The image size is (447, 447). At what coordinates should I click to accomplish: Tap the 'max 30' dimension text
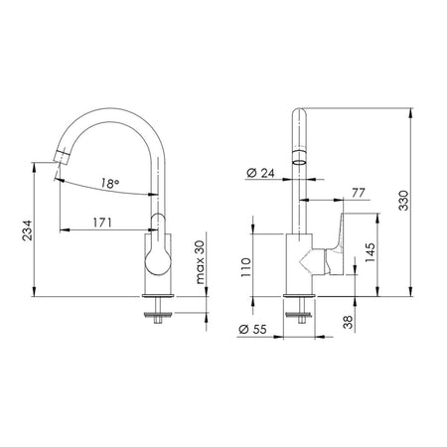click(202, 262)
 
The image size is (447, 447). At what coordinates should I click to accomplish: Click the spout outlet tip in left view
click(59, 157)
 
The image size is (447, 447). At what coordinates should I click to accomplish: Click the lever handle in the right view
click(330, 248)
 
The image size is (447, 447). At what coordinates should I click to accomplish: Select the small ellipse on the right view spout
click(298, 158)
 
